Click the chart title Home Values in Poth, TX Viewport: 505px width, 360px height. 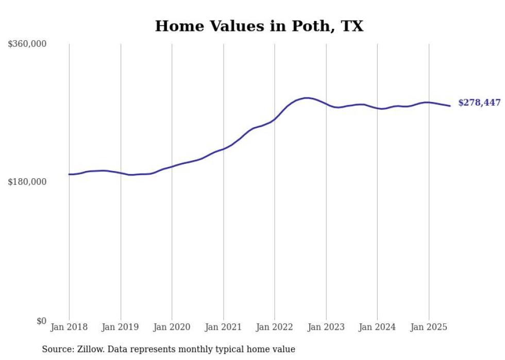(259, 26)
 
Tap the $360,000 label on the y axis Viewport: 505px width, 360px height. (27, 44)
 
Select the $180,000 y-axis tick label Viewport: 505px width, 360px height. (27, 182)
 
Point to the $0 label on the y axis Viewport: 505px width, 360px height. (41, 321)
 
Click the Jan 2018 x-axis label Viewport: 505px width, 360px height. (69, 327)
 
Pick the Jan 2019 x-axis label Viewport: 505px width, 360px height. (121, 327)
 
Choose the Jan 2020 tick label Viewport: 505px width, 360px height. (172, 327)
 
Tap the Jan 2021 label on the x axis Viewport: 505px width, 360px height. (223, 327)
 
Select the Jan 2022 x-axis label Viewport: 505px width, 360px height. (275, 327)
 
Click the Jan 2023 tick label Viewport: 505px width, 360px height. (326, 327)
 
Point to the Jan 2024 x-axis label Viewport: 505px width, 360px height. (377, 327)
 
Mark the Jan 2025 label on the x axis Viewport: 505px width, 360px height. (429, 327)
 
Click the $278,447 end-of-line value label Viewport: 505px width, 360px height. (479, 103)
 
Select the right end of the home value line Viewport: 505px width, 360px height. (450, 106)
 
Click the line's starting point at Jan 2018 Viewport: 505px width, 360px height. (70, 174)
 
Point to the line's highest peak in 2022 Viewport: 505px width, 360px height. (307, 98)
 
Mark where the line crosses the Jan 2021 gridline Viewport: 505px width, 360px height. (223, 149)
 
